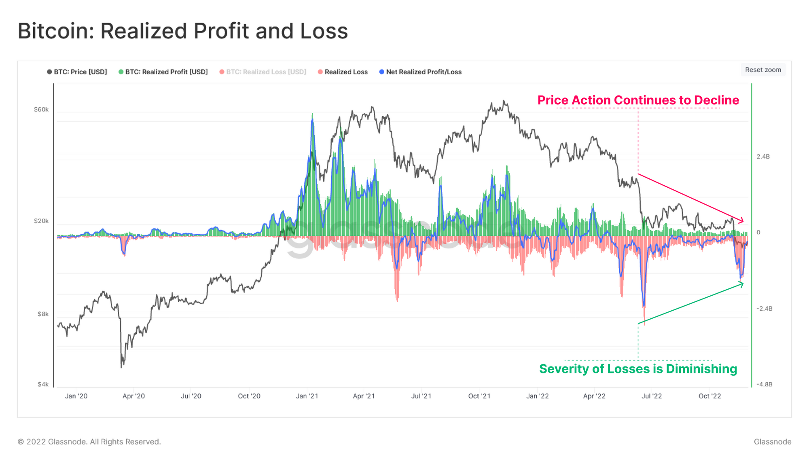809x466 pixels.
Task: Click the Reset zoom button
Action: coord(763,70)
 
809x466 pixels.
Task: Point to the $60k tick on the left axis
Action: coord(41,110)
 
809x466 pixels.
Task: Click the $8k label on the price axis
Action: coord(43,314)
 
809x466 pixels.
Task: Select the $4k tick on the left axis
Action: coord(43,384)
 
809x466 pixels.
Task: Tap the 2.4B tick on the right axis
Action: coord(763,157)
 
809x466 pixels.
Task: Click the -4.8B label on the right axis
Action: coord(764,384)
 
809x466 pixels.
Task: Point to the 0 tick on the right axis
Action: coord(758,232)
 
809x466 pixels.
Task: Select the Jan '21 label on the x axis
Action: coord(307,396)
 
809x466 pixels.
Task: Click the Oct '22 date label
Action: coord(709,396)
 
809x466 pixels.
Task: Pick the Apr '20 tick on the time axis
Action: coord(133,396)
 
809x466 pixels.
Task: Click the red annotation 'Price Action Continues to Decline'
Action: coord(638,100)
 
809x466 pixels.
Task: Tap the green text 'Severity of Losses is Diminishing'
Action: coord(638,369)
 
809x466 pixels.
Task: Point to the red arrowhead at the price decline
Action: coord(742,221)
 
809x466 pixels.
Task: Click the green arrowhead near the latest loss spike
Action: coord(742,284)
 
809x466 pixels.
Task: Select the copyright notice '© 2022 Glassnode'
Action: coord(89,442)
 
